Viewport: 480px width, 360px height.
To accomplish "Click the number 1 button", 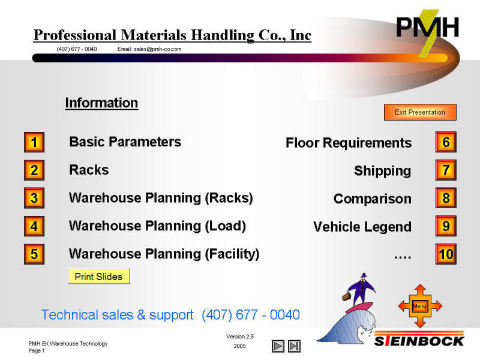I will (34, 142).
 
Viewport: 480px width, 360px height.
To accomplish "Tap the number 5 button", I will (34, 254).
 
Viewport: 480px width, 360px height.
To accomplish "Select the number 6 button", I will (446, 142).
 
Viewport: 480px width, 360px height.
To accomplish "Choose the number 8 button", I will (446, 198).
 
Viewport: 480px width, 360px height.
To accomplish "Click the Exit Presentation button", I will (420, 112).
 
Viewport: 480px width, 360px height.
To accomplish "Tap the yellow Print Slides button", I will (98, 277).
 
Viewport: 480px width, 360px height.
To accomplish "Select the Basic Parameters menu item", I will (125, 142).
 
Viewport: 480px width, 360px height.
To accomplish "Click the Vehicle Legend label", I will (362, 227).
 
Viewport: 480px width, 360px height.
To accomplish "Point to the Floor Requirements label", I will (349, 143).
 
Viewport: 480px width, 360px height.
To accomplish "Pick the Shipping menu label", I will (383, 171).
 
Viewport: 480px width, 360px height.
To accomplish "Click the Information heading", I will (101, 103).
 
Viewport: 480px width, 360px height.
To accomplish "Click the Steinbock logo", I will (419, 341).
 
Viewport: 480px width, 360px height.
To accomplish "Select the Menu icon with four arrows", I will (420, 306).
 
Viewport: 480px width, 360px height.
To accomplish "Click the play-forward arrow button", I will (278, 346).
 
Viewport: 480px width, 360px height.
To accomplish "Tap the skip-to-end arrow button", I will (294, 346).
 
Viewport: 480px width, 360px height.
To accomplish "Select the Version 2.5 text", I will (240, 337).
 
